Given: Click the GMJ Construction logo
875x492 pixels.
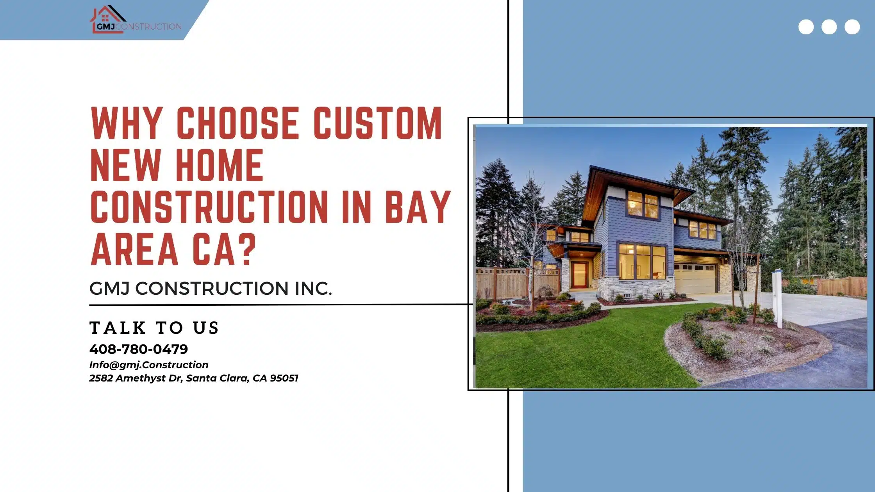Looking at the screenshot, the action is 136,19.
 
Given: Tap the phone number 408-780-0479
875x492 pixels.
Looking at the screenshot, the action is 139,349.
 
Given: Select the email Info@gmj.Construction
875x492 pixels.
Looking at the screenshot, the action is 149,365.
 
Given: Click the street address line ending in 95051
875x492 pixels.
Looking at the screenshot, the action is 194,378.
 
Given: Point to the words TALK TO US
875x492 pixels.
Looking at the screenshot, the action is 154,328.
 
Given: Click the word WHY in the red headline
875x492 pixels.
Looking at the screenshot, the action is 127,123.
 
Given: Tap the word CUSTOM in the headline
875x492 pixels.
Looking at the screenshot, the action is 378,123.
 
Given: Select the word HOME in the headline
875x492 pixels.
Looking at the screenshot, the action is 220,165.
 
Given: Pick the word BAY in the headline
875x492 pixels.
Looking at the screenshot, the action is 418,207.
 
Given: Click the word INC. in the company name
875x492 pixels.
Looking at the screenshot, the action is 313,289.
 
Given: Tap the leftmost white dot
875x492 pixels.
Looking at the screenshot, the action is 806,27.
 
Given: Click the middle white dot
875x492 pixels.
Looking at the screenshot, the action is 829,27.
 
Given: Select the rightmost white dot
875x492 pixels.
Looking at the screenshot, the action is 852,27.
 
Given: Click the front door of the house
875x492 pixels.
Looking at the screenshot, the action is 579,275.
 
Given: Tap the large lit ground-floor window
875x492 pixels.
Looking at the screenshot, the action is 642,262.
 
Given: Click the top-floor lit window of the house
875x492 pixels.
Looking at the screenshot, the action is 643,204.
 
